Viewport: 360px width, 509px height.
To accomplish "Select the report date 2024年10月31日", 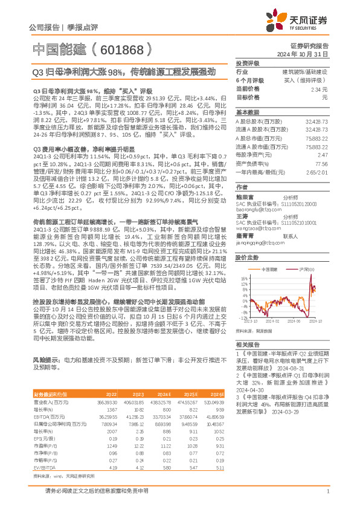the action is click(x=310, y=54).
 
